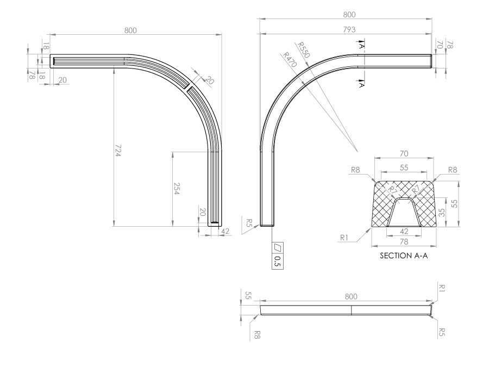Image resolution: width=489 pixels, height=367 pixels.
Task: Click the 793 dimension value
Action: [x=349, y=30]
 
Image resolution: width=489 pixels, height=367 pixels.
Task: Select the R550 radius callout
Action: [x=303, y=50]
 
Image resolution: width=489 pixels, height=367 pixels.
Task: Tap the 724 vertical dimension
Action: [x=117, y=151]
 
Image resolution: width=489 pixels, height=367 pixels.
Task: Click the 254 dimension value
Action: [x=176, y=189]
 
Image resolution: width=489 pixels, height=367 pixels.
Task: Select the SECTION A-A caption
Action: [x=404, y=256]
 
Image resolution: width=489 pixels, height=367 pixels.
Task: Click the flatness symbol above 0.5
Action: [x=278, y=247]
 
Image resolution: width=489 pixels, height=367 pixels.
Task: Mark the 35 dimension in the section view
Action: [x=442, y=213]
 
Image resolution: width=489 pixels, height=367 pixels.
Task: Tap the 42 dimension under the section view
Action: [x=404, y=231]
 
